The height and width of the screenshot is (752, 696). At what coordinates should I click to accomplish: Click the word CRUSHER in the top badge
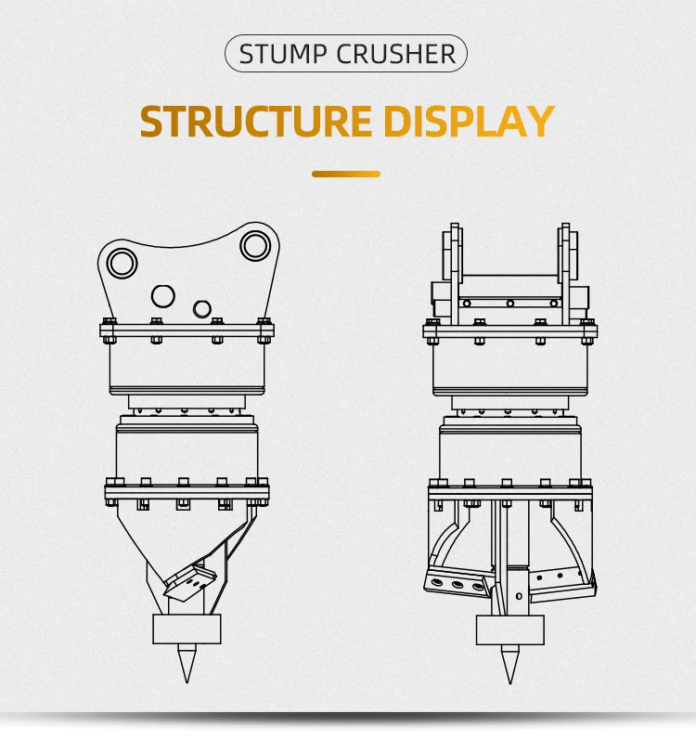[396, 54]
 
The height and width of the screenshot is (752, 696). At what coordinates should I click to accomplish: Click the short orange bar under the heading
[346, 174]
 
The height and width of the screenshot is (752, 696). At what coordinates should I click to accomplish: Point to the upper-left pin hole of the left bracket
[120, 264]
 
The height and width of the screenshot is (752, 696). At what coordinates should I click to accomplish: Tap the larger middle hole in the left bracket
[163, 296]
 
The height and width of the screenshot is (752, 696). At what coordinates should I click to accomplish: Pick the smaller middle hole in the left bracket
[201, 307]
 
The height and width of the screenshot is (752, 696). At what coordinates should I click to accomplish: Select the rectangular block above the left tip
[187, 629]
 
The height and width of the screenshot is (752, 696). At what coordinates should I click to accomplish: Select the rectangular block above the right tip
[509, 629]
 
